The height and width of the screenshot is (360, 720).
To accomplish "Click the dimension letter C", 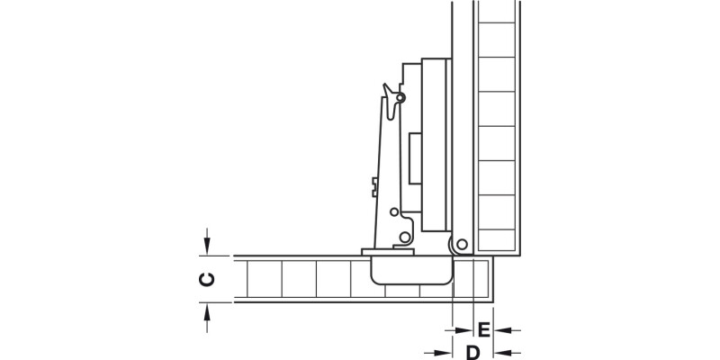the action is (206, 279).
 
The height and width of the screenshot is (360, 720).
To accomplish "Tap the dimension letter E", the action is (483, 328).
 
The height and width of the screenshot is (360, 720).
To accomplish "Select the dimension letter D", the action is (472, 351).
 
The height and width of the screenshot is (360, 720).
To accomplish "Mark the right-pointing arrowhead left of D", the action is (445, 351).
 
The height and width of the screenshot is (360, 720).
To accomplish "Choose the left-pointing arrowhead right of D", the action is (502, 351).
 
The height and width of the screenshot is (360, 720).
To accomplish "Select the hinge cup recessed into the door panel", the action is (410, 268).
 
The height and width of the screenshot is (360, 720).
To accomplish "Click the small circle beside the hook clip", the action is (401, 96).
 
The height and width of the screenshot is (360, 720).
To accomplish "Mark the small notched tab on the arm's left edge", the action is (372, 186).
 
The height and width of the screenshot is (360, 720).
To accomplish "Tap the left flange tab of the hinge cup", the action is (369, 252).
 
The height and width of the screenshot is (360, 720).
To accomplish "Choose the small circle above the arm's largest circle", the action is (393, 211).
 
